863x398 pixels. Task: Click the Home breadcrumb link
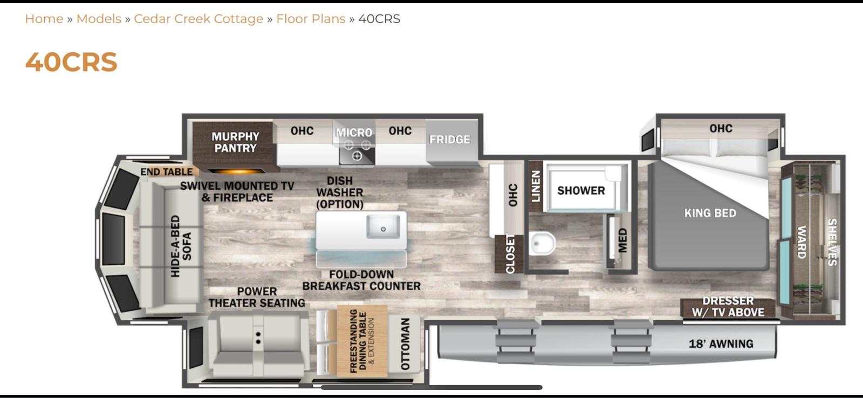click(x=44, y=19)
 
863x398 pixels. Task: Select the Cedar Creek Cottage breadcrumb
click(x=198, y=19)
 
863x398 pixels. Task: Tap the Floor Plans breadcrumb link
click(x=311, y=19)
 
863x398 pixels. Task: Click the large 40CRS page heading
click(x=71, y=62)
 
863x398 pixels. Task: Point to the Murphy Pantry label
click(x=235, y=142)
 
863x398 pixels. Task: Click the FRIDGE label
click(x=450, y=140)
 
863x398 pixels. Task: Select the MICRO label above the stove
click(x=354, y=133)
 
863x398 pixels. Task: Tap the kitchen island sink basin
click(x=383, y=227)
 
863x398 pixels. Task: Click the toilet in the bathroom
click(x=542, y=244)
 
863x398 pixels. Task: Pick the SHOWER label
click(x=581, y=190)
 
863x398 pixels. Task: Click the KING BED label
click(x=710, y=213)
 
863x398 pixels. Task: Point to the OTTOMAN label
click(x=405, y=344)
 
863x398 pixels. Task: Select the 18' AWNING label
click(x=721, y=344)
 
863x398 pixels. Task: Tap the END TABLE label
click(x=167, y=172)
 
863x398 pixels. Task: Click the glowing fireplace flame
click(x=237, y=171)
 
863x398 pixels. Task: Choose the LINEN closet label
click(x=536, y=187)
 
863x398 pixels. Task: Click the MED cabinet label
click(x=622, y=241)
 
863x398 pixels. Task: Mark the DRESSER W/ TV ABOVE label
click(x=728, y=307)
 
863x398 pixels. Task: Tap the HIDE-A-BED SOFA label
click(x=181, y=246)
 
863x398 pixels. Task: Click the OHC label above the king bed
click(x=721, y=128)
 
